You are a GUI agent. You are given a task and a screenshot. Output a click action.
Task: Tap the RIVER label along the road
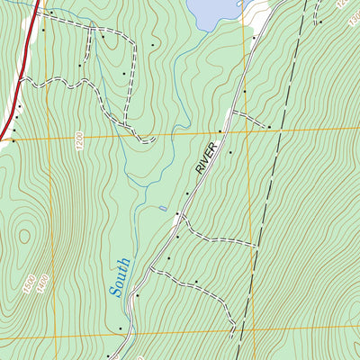(206, 157)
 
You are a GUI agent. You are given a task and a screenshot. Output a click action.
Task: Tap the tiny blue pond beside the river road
(163, 209)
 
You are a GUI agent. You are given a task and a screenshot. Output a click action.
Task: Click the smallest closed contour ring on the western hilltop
(23, 236)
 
